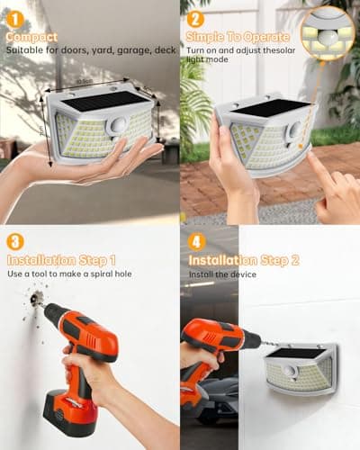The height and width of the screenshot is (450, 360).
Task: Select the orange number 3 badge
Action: click(15, 244)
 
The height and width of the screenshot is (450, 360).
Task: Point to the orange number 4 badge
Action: click(195, 244)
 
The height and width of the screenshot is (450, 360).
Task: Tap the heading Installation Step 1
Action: click(61, 261)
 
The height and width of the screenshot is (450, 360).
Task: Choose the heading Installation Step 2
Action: click(243, 261)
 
